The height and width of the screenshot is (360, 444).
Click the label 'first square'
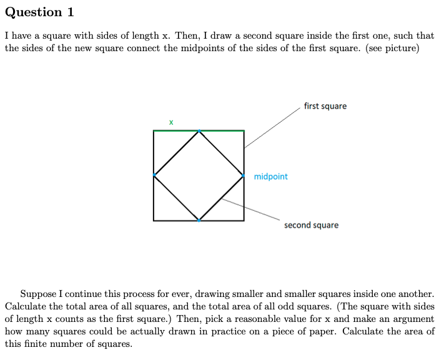coord(325,106)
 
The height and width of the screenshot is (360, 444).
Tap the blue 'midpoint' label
coord(271,177)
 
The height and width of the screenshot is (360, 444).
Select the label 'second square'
coord(311,225)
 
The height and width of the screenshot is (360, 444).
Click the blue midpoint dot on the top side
coord(199,131)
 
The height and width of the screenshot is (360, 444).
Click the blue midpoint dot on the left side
coord(154,175)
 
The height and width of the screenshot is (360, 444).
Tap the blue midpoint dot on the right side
coord(244,176)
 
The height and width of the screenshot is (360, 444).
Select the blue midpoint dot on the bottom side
coord(199,220)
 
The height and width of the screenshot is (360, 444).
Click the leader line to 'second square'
coord(250,209)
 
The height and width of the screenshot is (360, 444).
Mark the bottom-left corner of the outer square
coord(154,220)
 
